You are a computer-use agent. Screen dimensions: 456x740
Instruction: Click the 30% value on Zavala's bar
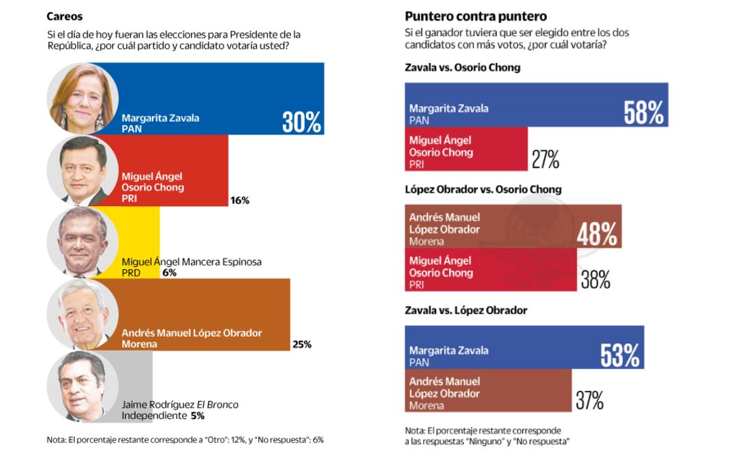(301, 122)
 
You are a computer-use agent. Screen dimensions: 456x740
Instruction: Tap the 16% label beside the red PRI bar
(240, 201)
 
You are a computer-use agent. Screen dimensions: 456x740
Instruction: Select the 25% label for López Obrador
(302, 344)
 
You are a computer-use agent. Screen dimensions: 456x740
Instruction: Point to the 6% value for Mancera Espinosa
(170, 273)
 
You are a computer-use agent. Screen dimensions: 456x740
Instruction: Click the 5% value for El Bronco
(197, 415)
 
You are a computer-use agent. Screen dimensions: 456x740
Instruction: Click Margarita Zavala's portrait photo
(82, 99)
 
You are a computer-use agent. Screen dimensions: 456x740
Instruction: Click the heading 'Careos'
(64, 16)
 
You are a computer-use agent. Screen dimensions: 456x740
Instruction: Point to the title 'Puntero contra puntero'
(476, 16)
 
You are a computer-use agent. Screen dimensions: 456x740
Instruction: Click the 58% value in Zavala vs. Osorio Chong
(643, 113)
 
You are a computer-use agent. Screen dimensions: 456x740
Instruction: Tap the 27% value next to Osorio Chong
(546, 160)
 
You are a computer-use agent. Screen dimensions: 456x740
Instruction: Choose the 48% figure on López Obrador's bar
(597, 235)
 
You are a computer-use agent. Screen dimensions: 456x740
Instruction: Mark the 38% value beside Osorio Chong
(595, 279)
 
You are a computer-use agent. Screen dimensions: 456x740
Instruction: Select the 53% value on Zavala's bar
(620, 355)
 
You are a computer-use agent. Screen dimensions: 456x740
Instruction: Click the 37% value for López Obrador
(589, 401)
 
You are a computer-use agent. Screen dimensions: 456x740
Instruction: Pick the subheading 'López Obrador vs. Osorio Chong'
(483, 189)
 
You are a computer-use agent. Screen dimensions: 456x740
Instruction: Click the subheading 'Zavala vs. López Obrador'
(466, 310)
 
